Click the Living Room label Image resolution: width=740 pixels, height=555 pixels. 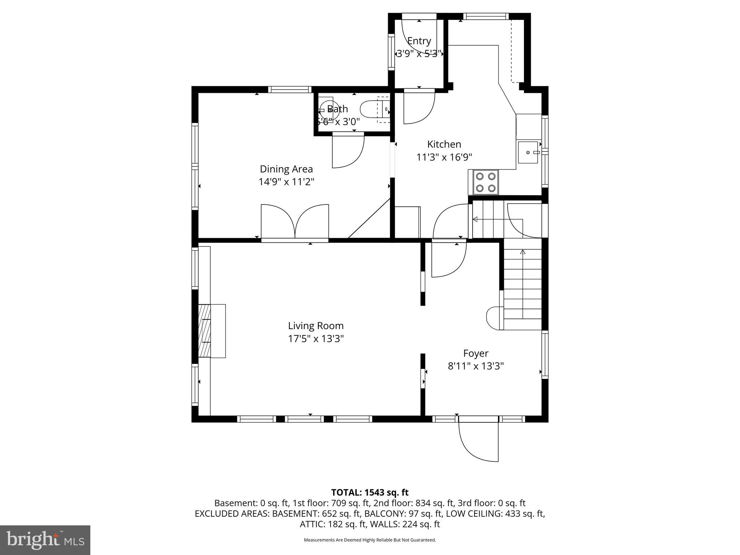pyautogui.click(x=315, y=326)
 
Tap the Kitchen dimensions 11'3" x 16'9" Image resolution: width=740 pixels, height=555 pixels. pyautogui.click(x=444, y=157)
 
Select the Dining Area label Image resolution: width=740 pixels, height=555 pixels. pyautogui.click(x=286, y=169)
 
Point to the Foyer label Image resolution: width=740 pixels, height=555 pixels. pyautogui.click(x=476, y=353)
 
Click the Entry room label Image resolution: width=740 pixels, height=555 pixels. pyautogui.click(x=419, y=41)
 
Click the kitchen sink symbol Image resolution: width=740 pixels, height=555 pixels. pyautogui.click(x=528, y=152)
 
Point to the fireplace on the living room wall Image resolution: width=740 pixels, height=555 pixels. pyautogui.click(x=211, y=331)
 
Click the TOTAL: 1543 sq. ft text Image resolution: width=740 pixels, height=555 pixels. pyautogui.click(x=370, y=492)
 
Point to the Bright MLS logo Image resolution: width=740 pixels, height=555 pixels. pyautogui.click(x=45, y=540)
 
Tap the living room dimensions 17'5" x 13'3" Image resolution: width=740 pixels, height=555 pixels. pyautogui.click(x=315, y=339)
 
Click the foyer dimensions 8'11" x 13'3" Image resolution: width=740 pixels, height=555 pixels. pyautogui.click(x=476, y=366)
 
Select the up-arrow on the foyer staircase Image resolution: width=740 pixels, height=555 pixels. pyautogui.click(x=522, y=252)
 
